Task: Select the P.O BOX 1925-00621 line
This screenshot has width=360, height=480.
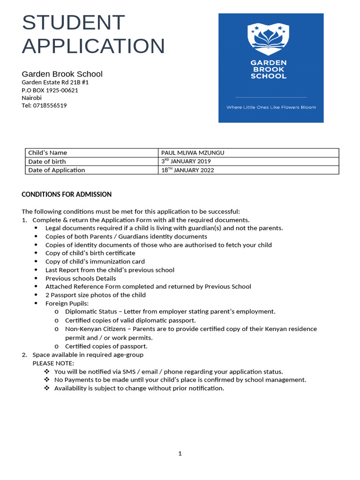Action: [x=50, y=90]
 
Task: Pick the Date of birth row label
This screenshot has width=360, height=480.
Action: [x=47, y=161]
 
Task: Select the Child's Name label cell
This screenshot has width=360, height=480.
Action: [x=47, y=153]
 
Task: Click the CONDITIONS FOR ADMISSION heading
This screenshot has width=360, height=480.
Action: [x=67, y=194]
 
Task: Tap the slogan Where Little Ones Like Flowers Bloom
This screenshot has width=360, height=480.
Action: [x=271, y=107]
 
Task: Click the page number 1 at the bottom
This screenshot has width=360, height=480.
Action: [x=180, y=453]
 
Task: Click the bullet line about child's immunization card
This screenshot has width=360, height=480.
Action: [x=95, y=262]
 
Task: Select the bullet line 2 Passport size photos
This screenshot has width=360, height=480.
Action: [x=95, y=295]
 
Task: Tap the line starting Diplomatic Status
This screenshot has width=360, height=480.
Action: [x=170, y=312]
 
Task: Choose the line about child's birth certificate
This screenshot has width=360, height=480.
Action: [x=90, y=253]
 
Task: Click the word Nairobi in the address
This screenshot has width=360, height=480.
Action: [x=31, y=98]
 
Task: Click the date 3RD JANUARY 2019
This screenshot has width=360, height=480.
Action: [x=186, y=161]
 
